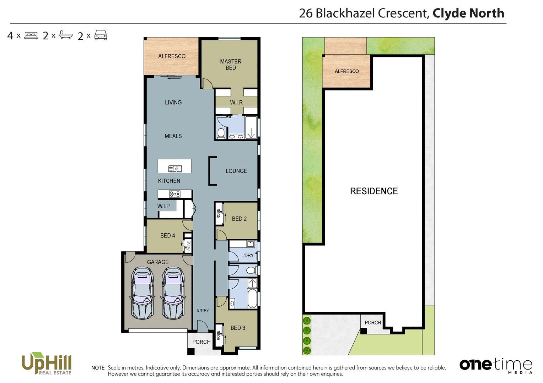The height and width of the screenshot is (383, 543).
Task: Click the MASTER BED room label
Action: tap(231, 65)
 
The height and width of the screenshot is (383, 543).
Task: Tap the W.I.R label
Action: tap(236, 102)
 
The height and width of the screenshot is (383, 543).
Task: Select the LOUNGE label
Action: tap(236, 171)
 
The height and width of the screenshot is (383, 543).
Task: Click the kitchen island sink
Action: tap(175, 169)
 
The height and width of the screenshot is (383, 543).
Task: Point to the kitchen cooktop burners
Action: tap(174, 194)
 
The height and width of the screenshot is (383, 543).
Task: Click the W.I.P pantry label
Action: tap(163, 206)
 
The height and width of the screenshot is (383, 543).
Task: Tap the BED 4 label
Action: tap(167, 235)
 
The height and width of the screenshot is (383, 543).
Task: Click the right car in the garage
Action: tap(173, 293)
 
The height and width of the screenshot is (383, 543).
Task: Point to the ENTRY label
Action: tap(203, 310)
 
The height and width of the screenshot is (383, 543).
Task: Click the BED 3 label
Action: tap(238, 328)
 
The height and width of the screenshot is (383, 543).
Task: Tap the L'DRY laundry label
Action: tap(247, 255)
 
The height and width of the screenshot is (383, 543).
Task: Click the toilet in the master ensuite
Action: tap(221, 133)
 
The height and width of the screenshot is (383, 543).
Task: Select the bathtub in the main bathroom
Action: tap(252, 299)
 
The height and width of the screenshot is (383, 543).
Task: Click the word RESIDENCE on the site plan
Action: tap(374, 191)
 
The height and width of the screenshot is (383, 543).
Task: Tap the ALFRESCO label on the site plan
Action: tap(346, 71)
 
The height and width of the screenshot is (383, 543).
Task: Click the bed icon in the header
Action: tap(31, 35)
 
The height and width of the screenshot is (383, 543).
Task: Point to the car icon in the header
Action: tap(101, 35)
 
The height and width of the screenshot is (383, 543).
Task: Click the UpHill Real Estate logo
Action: tap(47, 363)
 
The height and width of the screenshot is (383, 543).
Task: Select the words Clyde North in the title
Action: tap(468, 13)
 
